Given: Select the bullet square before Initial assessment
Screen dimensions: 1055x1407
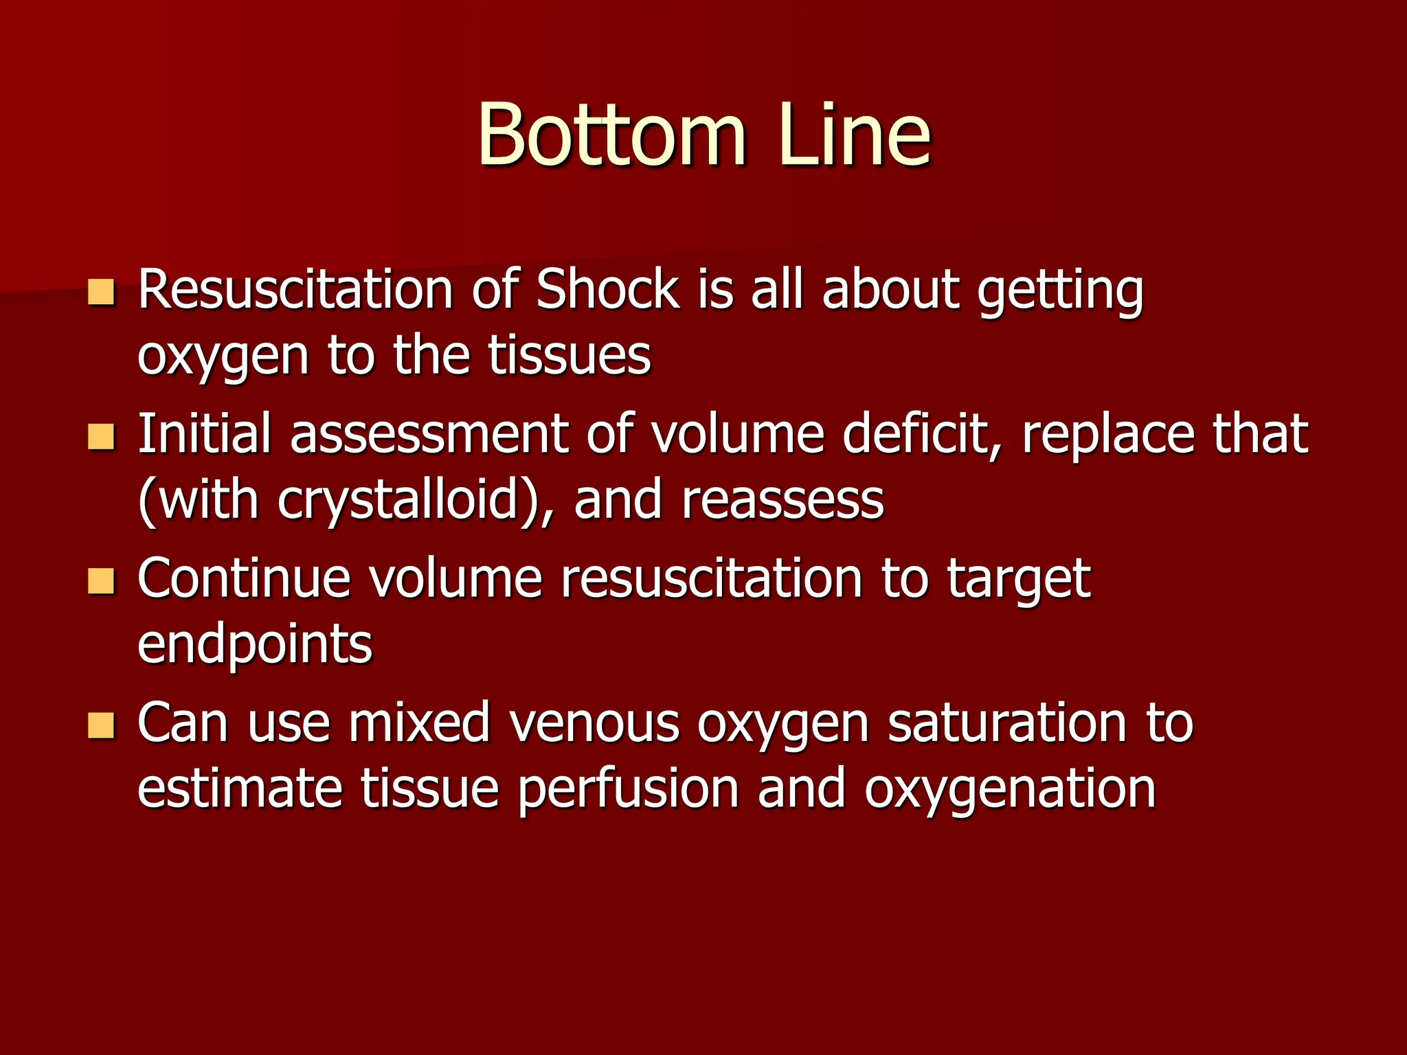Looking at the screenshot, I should [101, 436].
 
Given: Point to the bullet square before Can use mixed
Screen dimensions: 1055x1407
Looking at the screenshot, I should [101, 725].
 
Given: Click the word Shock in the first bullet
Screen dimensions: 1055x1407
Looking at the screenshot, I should [607, 289].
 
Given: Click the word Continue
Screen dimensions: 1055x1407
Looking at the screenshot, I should [244, 578].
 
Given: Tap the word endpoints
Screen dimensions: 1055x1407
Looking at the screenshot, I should [255, 646].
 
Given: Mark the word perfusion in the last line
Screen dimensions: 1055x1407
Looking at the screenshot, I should [629, 790].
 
